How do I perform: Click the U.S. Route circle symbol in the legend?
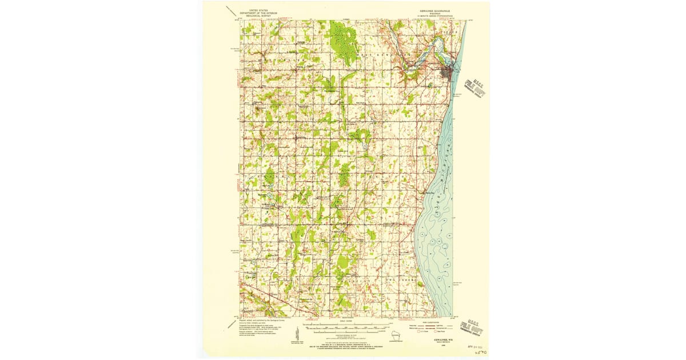coord(421,332)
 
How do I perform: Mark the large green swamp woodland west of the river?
coord(344,42)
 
